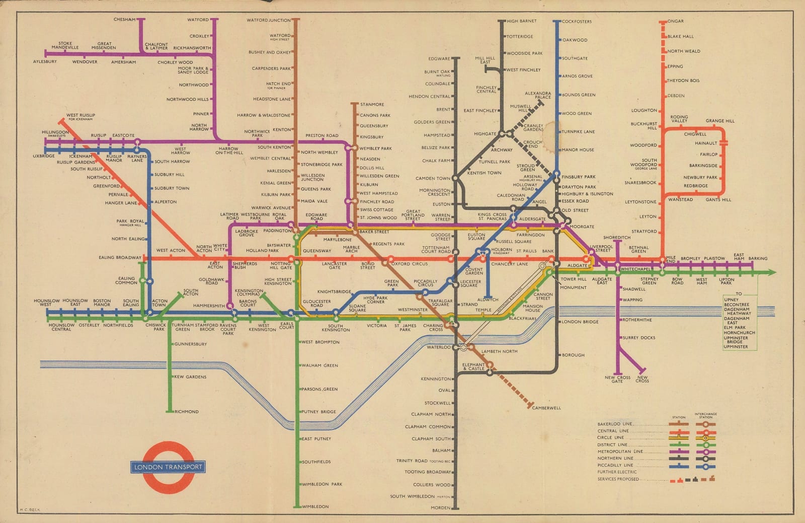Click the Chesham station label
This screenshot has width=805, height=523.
coord(124,20)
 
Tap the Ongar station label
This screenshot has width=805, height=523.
coord(675,21)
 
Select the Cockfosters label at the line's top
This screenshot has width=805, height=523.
coord(577,22)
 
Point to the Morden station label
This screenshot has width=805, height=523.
coord(440,508)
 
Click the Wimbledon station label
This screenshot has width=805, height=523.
coord(315,506)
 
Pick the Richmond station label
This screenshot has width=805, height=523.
coord(186,412)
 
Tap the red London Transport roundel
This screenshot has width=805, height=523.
coord(168,467)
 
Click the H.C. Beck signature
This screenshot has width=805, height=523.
coord(29,509)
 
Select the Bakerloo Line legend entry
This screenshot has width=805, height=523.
coord(614,424)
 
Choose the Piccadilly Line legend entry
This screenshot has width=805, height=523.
coord(615,465)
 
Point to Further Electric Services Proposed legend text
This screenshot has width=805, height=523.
coord(618,475)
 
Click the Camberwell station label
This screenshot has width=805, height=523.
coord(546,408)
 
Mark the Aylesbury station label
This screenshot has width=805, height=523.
coord(45,61)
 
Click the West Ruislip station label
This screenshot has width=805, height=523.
coord(80,116)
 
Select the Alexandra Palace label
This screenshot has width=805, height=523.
coord(538,95)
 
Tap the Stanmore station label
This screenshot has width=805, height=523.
coord(372,105)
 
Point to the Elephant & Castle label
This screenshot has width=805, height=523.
coord(473,366)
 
